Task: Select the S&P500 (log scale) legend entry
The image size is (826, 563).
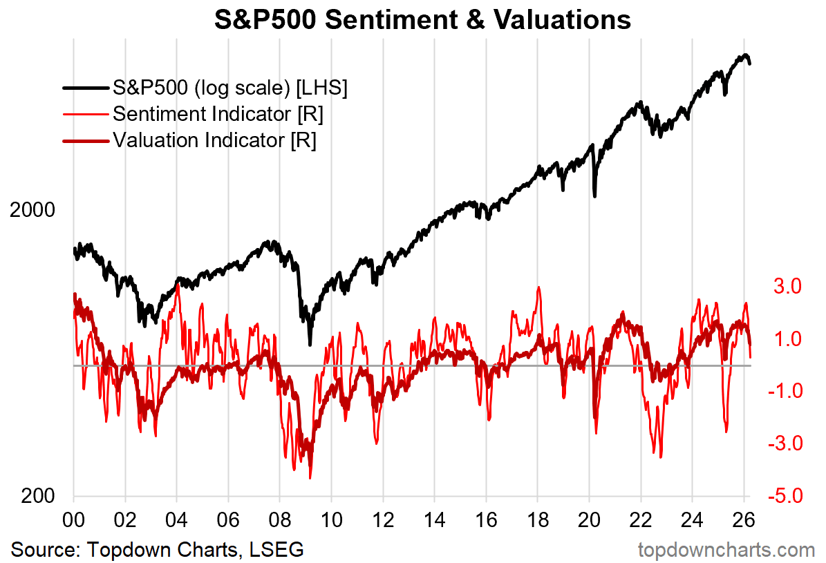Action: (230, 88)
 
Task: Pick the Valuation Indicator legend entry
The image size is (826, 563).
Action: (214, 140)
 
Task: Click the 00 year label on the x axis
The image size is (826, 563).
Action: (73, 517)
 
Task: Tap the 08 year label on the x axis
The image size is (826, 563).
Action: (279, 517)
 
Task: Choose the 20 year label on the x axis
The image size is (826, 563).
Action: (589, 517)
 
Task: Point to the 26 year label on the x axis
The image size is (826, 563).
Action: (744, 517)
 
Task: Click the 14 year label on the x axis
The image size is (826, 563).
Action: (434, 517)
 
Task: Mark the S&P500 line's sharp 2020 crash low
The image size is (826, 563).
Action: (595, 195)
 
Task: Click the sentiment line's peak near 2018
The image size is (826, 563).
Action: (538, 287)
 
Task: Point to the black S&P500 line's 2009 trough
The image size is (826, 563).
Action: (310, 343)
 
